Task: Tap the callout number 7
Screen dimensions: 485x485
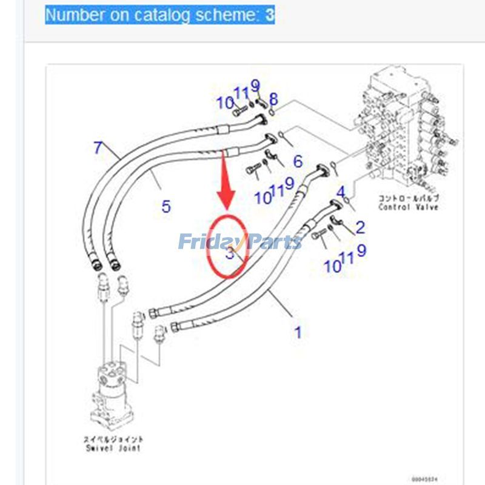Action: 98,147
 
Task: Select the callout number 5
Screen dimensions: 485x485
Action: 166,206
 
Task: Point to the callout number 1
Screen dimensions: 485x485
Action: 298,332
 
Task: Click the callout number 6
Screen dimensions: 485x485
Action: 298,161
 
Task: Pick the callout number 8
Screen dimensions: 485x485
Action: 273,98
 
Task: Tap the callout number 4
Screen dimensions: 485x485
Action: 341,193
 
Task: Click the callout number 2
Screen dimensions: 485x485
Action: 360,227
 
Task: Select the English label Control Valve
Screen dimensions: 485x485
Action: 408,207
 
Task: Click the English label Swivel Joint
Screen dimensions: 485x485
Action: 114,448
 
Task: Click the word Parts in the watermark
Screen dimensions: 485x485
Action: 273,242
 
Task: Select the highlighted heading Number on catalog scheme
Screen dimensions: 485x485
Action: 160,15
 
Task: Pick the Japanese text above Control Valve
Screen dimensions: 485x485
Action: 408,198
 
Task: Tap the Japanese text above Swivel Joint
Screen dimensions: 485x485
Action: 114,439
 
